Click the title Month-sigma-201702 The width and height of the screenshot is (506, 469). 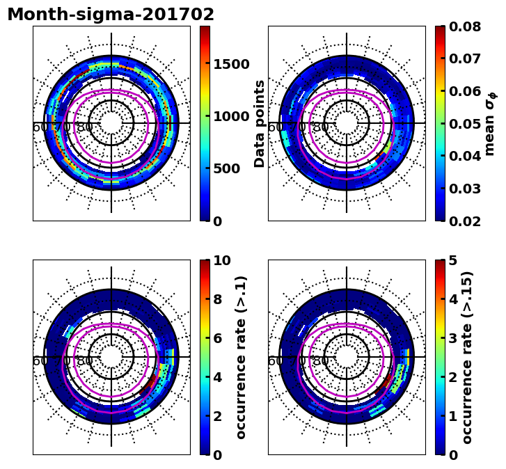pos(111,15)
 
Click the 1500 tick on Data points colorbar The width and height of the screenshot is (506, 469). pos(231,64)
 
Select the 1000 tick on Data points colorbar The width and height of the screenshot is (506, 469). pos(231,116)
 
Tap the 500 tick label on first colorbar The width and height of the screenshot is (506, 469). pos(226,168)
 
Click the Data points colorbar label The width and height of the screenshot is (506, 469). pos(260,123)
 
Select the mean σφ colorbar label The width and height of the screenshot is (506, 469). pos(490,123)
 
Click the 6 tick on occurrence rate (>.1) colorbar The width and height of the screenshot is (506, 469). pos(217,338)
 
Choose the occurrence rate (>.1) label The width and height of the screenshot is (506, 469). pos(242,357)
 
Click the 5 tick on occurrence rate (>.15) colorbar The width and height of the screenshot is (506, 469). pos(452,261)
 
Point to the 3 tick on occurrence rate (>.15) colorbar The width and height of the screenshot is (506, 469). pos(452,338)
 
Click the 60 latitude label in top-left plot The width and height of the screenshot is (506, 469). pos(40,127)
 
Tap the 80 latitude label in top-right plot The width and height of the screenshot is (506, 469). pos(320,127)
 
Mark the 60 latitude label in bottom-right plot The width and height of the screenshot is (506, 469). pos(276,360)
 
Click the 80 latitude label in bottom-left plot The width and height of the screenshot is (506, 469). pos(85,360)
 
